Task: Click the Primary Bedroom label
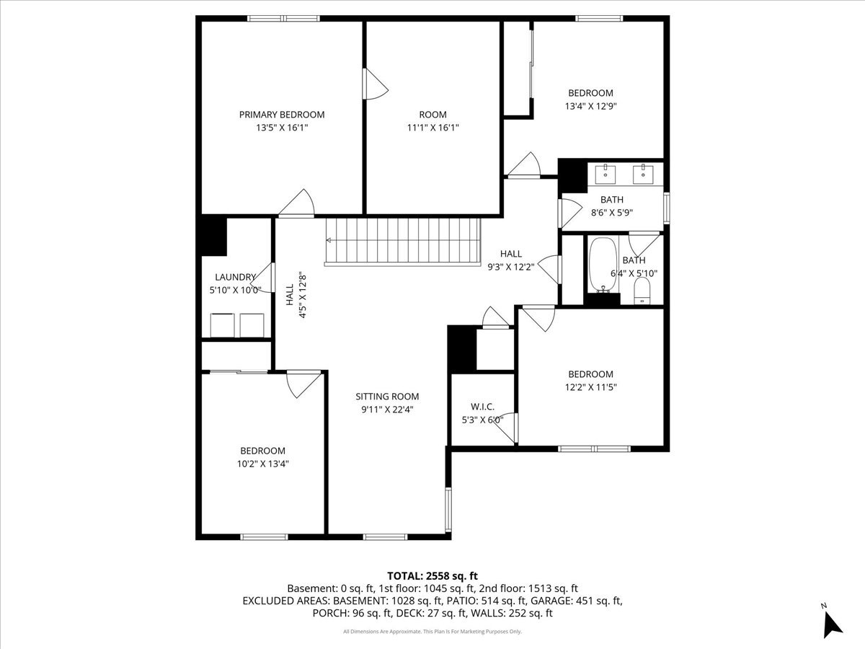(282, 115)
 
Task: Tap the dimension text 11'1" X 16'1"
(432, 128)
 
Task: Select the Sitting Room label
(387, 397)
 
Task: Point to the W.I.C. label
(482, 407)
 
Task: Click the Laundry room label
(235, 277)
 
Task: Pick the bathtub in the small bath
(603, 265)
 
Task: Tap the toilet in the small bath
(642, 291)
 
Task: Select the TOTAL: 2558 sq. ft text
(432, 576)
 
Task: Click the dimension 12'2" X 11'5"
(590, 387)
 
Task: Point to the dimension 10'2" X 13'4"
(262, 464)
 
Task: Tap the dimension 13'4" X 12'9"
(590, 106)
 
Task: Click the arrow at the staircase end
(329, 240)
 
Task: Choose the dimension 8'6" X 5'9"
(611, 213)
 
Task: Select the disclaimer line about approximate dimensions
(432, 632)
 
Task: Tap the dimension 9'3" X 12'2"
(511, 267)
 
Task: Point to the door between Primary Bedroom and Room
(374, 84)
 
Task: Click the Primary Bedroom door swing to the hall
(297, 203)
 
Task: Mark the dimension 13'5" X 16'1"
(282, 128)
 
